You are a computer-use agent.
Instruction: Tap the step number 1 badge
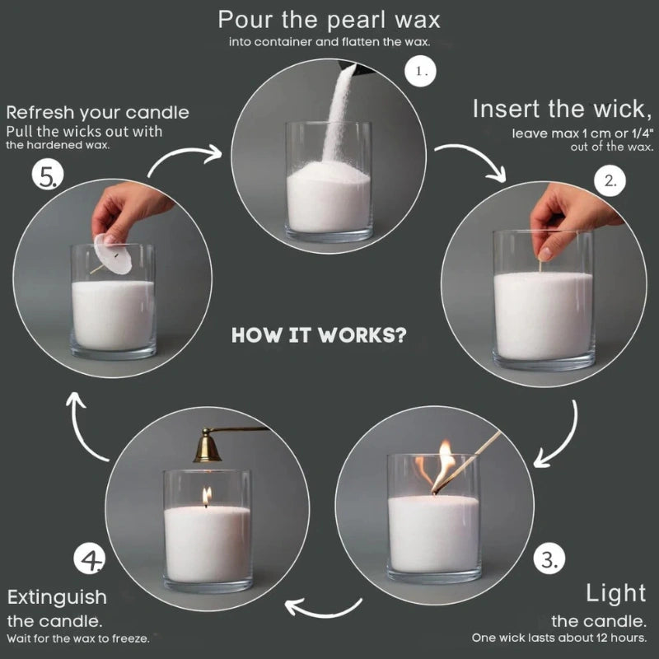[422, 72]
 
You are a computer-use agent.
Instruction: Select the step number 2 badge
[609, 180]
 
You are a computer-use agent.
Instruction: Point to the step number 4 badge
[90, 561]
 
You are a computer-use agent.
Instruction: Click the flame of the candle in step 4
[207, 494]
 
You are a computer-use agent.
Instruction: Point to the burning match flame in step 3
[446, 461]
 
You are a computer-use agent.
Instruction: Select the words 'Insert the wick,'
[561, 110]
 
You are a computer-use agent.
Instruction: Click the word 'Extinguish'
[57, 596]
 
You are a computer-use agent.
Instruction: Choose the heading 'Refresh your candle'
[97, 112]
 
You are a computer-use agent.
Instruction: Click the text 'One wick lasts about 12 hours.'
[559, 638]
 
